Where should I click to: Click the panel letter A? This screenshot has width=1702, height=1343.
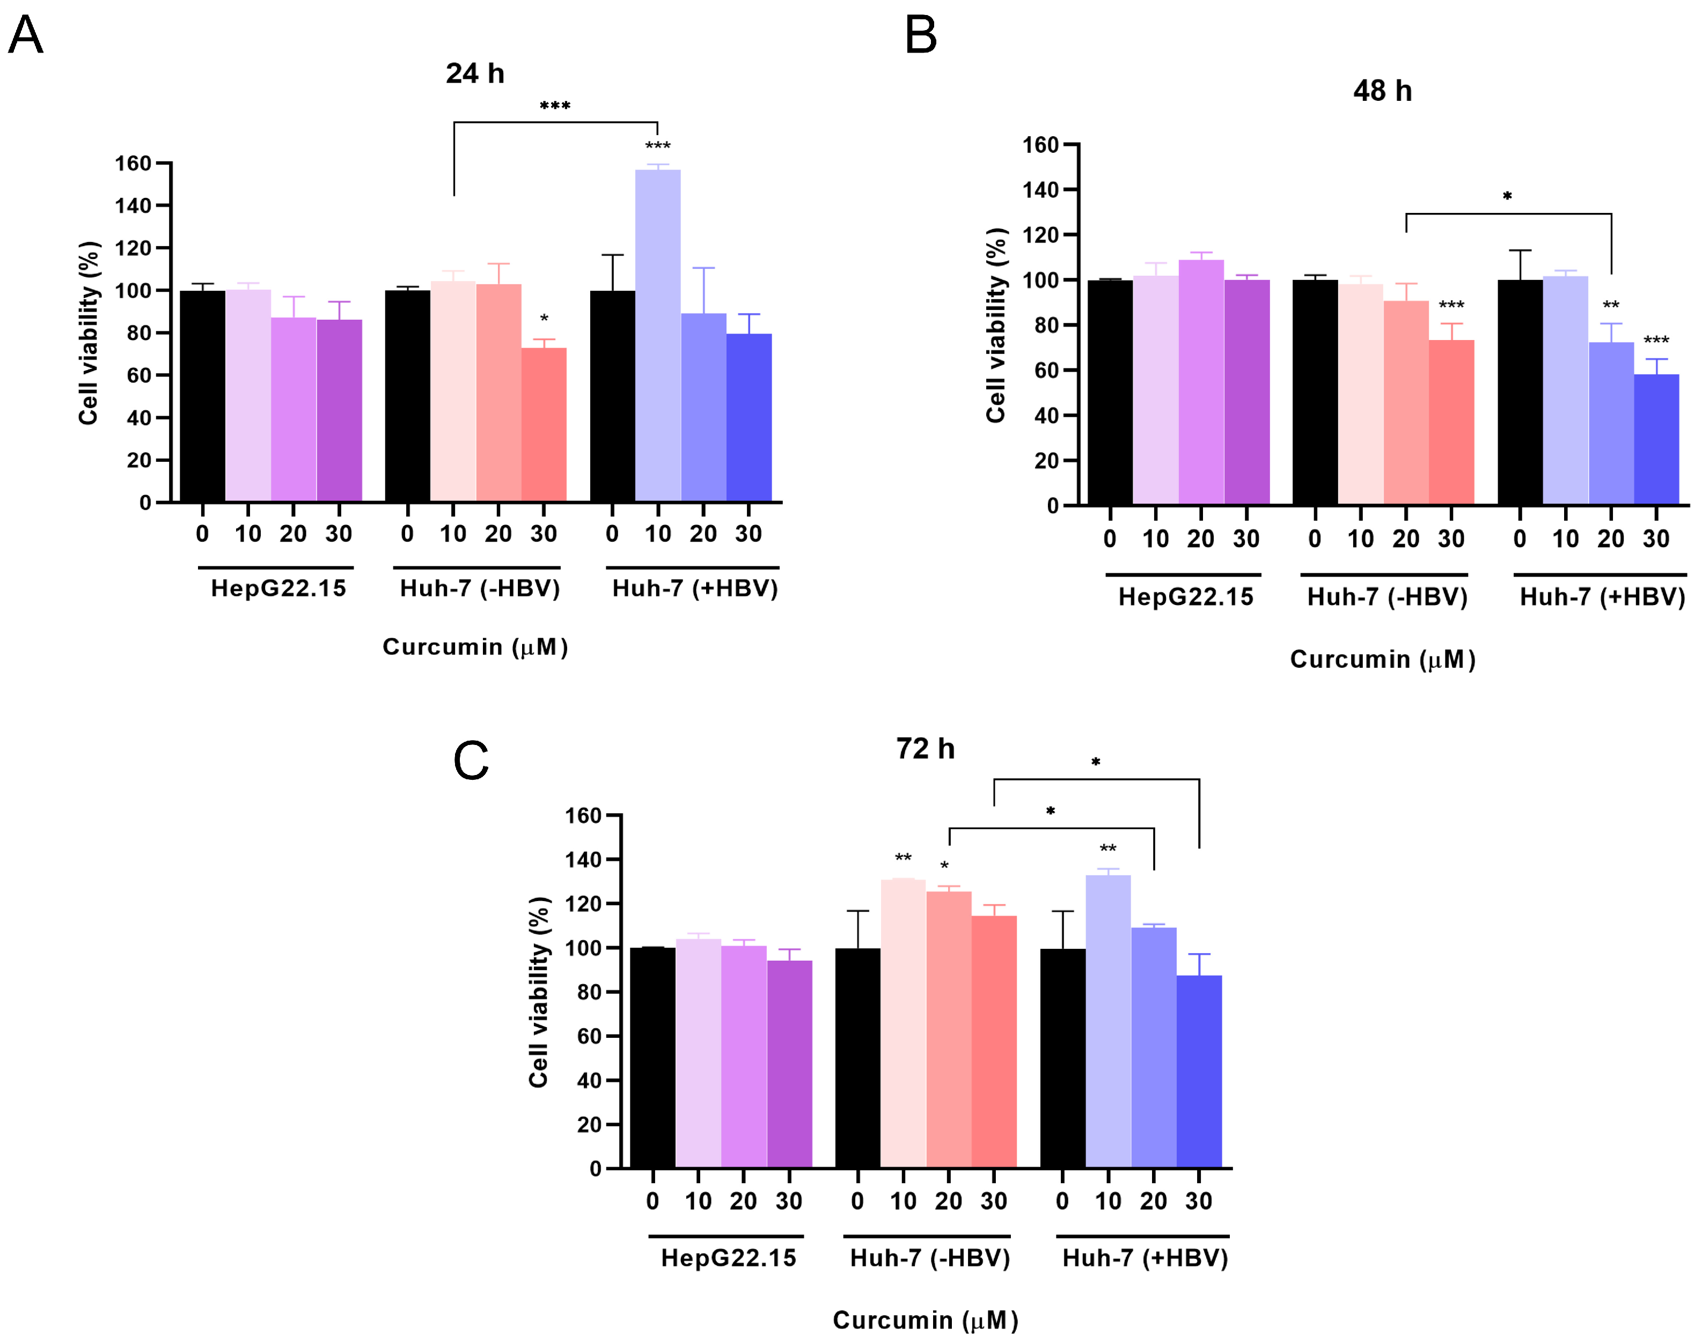(25, 35)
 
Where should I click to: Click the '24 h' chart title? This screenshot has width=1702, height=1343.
(474, 73)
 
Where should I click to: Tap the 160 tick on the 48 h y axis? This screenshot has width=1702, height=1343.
(1040, 145)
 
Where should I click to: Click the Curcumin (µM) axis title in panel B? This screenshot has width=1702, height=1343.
(1382, 659)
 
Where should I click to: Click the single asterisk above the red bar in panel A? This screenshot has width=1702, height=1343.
(544, 319)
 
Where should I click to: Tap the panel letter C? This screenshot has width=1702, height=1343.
(471, 761)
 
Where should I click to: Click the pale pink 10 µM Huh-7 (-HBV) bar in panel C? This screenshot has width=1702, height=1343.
(903, 1023)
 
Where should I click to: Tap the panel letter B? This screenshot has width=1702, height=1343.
(920, 35)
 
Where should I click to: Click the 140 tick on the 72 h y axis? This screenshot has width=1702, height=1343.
(583, 859)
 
